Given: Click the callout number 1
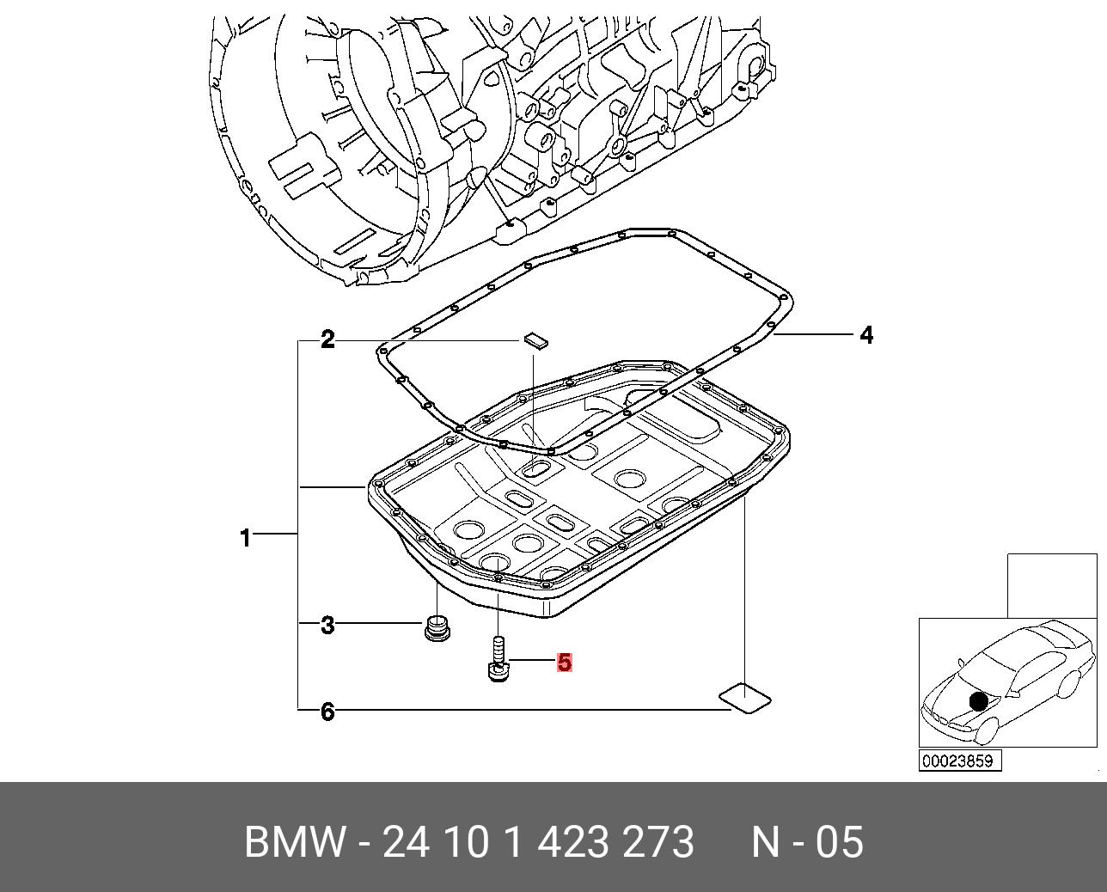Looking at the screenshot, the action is tap(246, 538).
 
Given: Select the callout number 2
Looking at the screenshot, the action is tap(327, 339).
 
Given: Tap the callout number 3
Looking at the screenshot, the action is tap(327, 625).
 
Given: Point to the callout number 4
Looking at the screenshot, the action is tap(866, 335).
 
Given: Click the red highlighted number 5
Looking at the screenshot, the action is tap(564, 663).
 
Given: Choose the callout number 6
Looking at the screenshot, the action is tap(327, 712).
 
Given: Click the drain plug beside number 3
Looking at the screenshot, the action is tap(438, 628).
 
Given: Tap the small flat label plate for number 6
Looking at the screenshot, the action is tap(744, 697).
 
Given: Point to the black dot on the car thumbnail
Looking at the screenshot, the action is tap(979, 701).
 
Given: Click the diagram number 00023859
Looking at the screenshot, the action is tap(959, 761).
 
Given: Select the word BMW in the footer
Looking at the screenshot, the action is tap(295, 842).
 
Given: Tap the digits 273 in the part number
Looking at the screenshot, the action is tap(658, 842).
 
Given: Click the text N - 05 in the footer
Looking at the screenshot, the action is tap(807, 842).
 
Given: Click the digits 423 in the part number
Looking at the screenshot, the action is tap(574, 842).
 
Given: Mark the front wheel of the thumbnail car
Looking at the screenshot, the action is tap(986, 731).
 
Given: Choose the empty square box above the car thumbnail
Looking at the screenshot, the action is tap(1052, 585).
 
